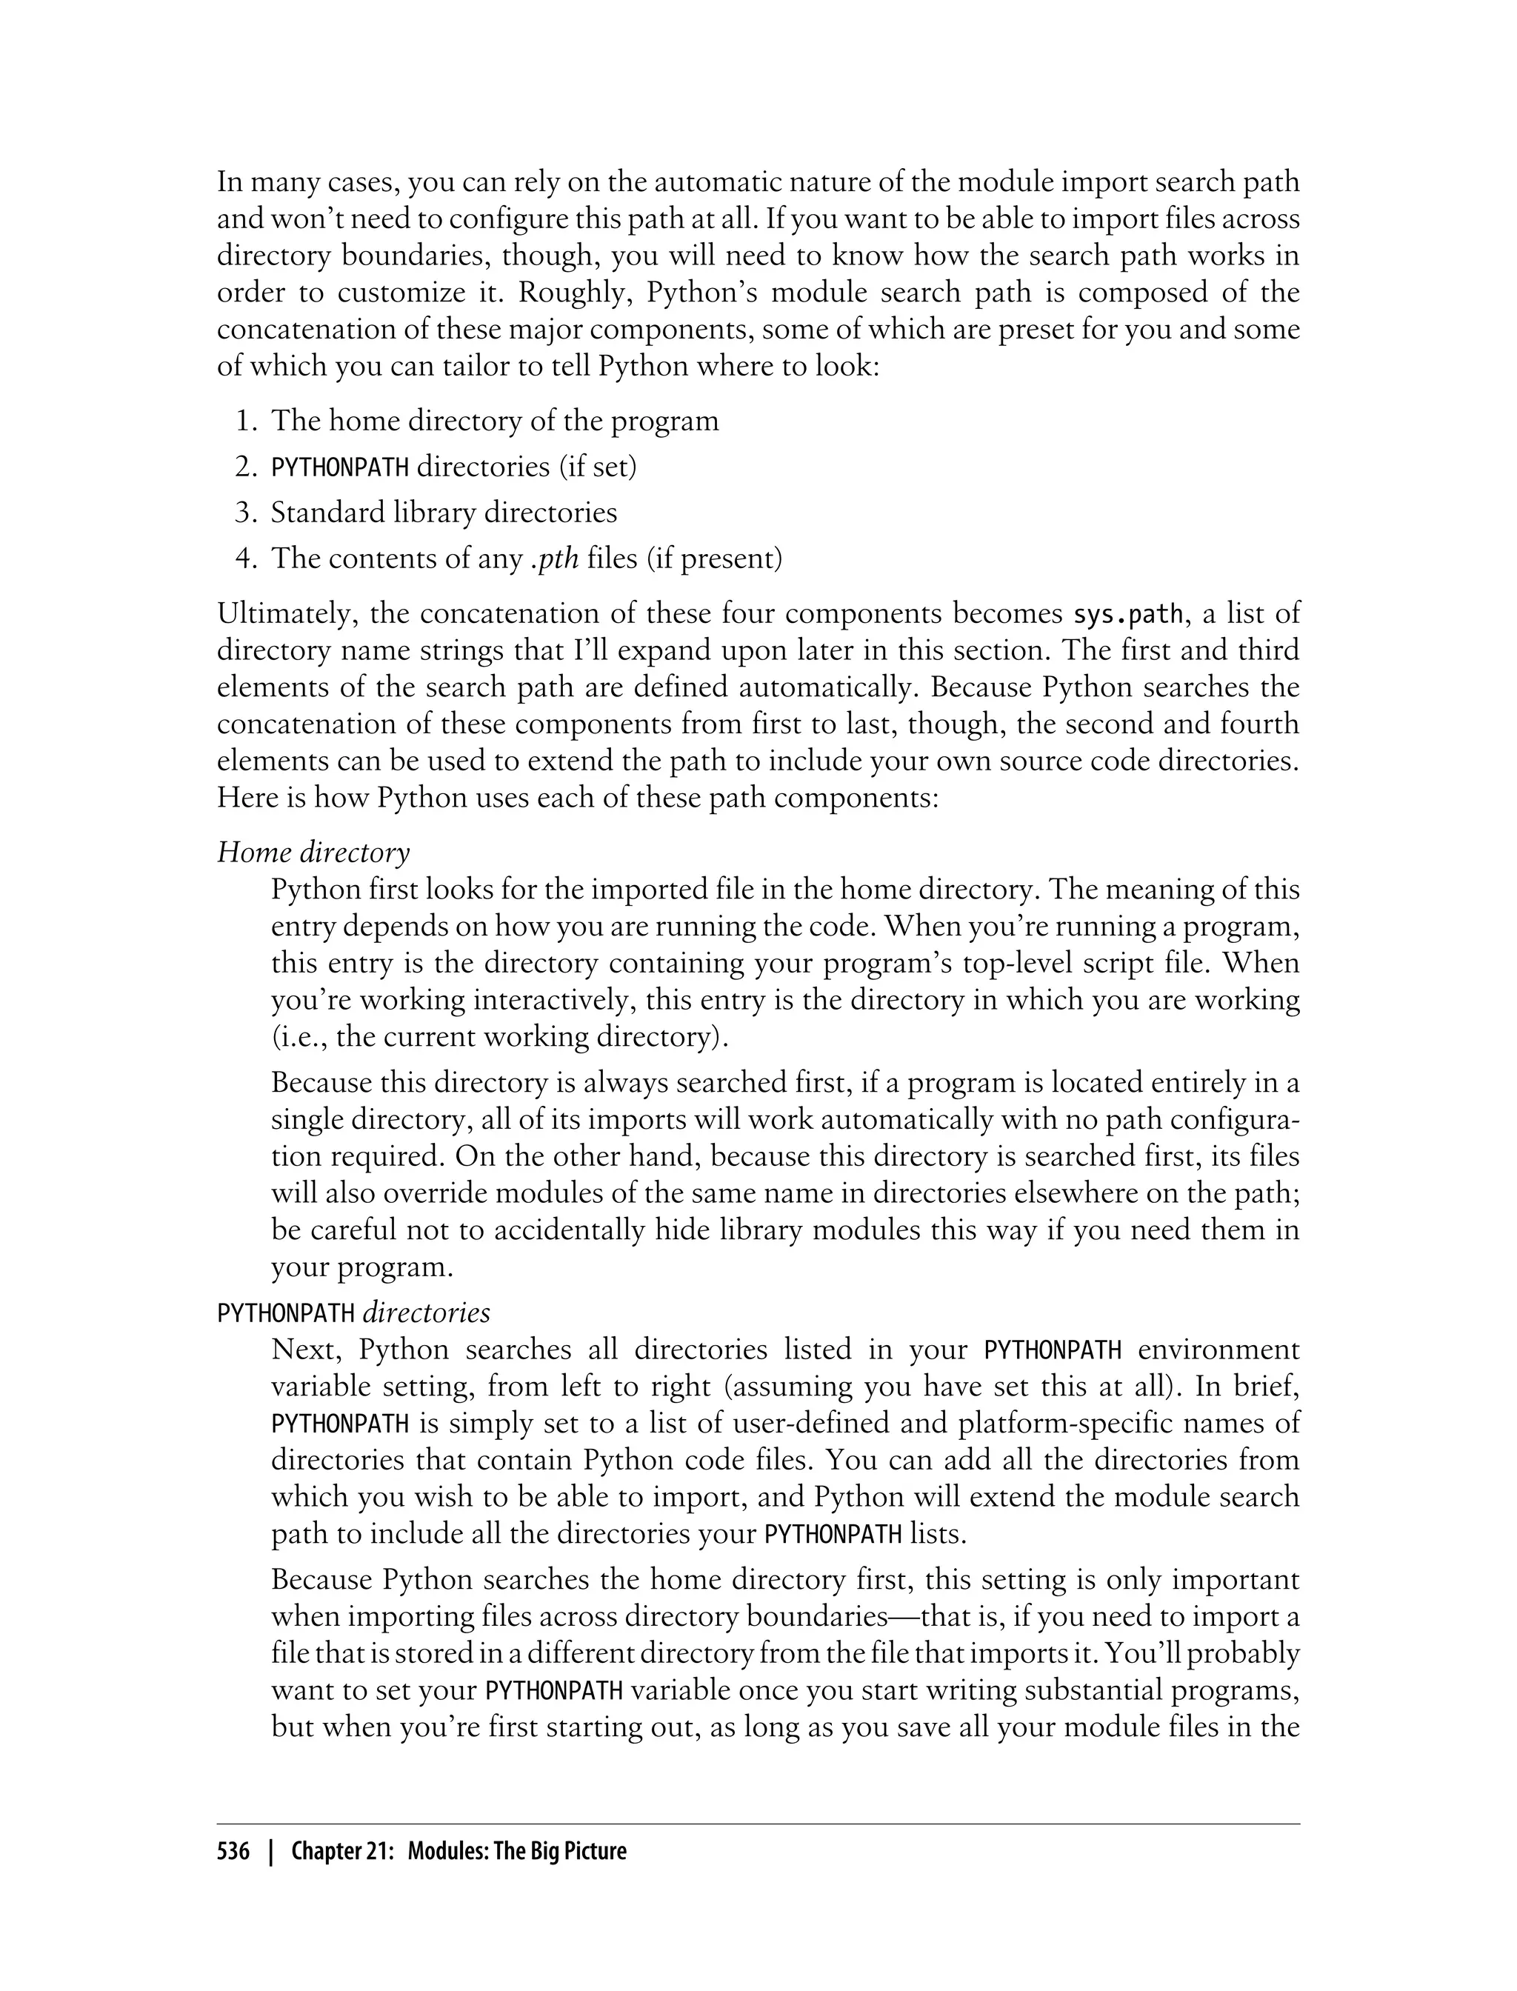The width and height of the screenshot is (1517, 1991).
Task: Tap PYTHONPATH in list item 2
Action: (341, 467)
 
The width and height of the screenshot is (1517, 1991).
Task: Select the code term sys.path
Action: (1127, 614)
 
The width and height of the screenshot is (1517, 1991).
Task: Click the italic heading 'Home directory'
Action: (313, 853)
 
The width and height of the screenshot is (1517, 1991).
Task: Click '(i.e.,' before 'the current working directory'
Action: (300, 1036)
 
